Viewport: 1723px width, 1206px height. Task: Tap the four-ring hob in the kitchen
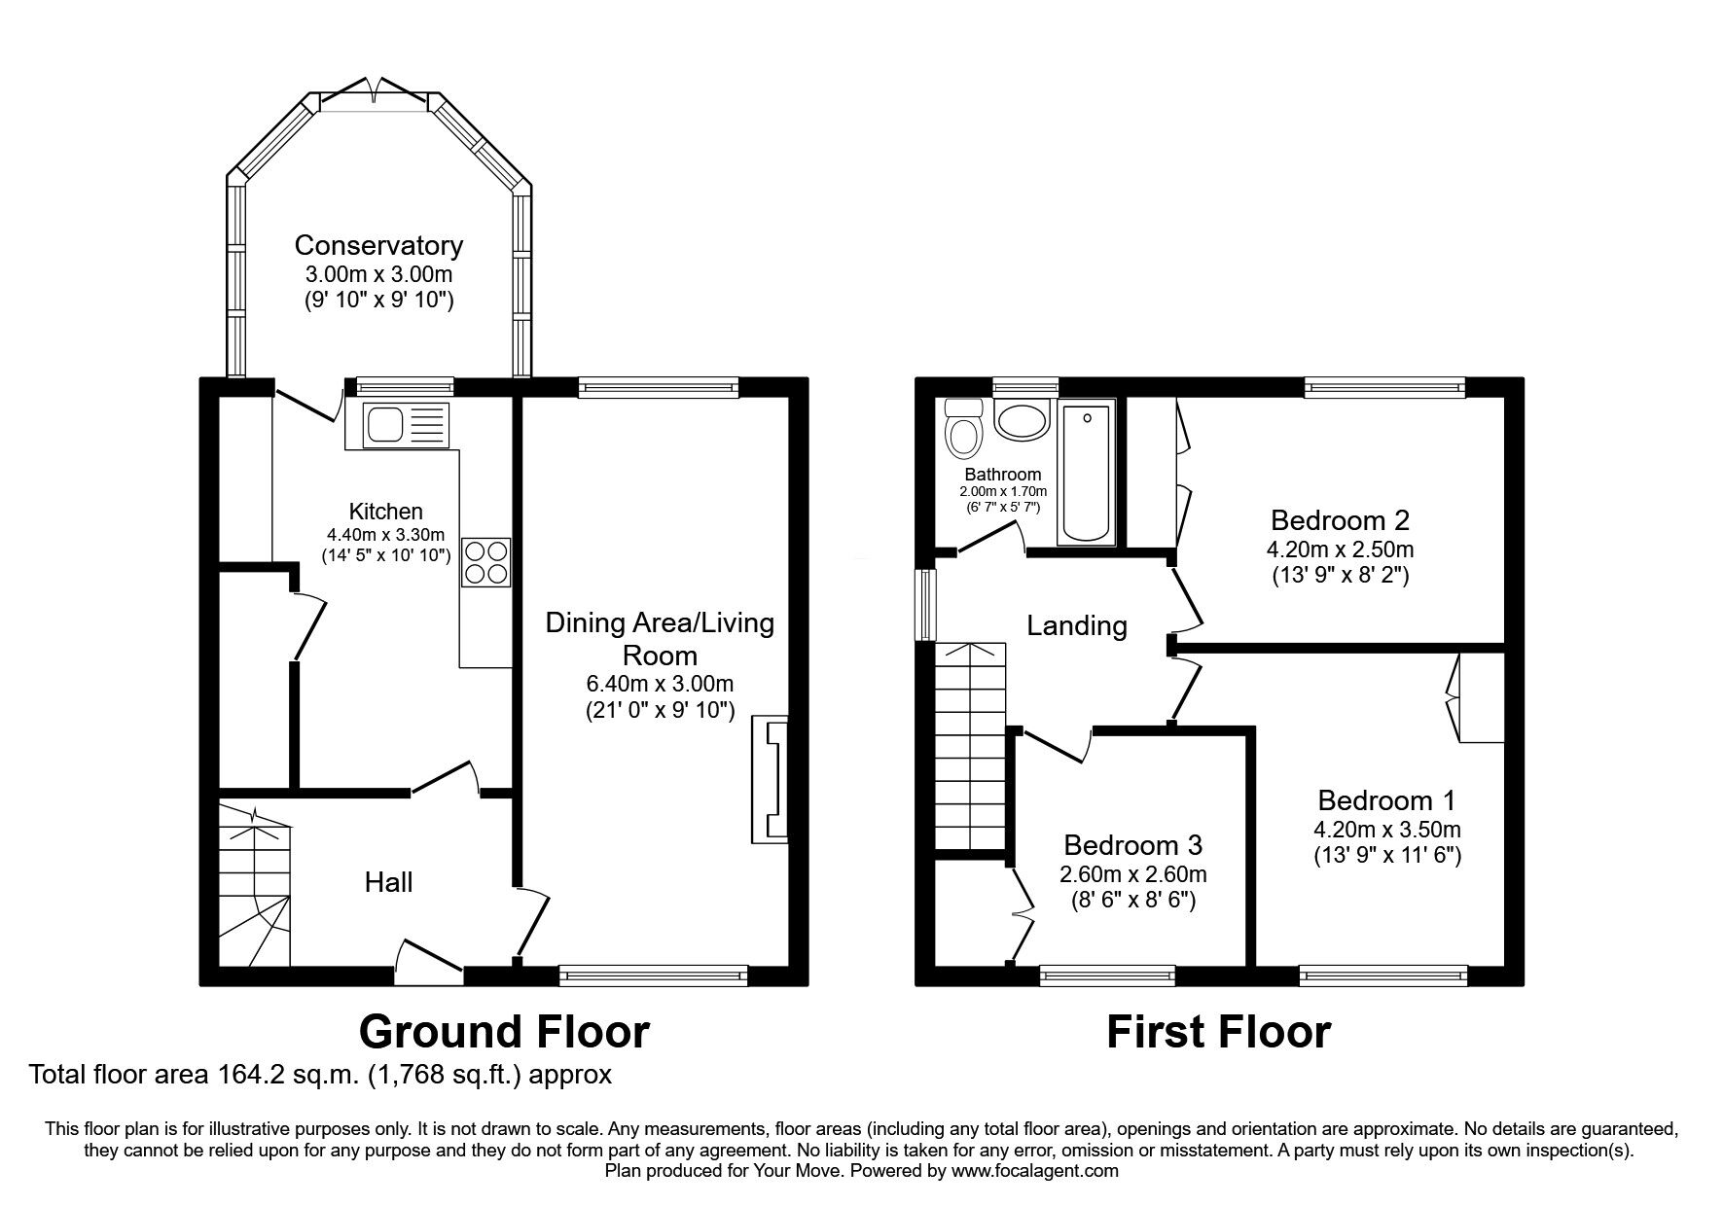click(486, 561)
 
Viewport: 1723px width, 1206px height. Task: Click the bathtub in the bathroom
click(1087, 474)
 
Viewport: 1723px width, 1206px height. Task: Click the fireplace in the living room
click(770, 780)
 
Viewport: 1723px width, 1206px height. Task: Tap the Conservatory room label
click(378, 245)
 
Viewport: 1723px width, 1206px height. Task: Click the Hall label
click(389, 882)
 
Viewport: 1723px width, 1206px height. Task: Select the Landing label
click(1077, 626)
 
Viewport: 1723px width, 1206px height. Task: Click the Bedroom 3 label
click(1133, 844)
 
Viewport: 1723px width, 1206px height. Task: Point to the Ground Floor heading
click(504, 1032)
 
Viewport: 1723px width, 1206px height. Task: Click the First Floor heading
click(1218, 1032)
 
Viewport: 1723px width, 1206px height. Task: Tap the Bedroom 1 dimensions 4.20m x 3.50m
click(1386, 830)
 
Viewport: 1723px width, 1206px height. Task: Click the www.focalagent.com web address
click(1035, 1171)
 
